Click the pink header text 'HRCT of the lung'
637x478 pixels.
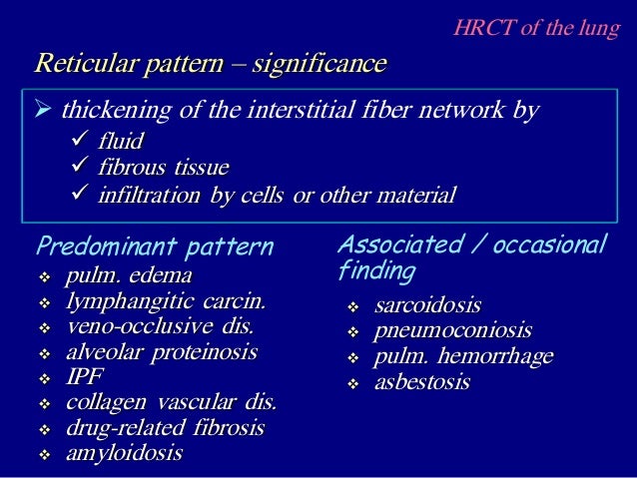point(537,27)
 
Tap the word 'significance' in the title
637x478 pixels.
point(318,65)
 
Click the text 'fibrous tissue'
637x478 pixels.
point(163,167)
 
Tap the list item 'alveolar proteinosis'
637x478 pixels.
point(161,351)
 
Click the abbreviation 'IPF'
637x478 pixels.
point(85,377)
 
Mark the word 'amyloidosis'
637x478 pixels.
point(124,454)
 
